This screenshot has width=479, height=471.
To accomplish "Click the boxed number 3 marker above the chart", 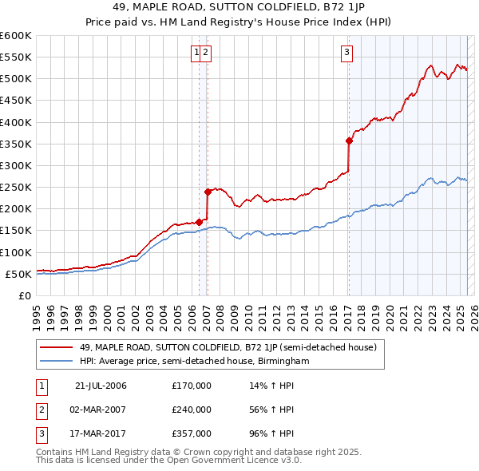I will [348, 53].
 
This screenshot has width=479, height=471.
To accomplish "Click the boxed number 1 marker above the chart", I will [196, 53].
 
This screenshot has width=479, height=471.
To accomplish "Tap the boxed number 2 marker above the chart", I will [206, 53].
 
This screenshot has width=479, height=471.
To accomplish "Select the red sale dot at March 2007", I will [208, 192].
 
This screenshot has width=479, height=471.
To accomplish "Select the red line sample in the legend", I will [57, 346].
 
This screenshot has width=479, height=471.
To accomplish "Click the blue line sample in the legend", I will [57, 361].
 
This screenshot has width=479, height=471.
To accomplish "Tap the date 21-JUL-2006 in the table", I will [101, 386].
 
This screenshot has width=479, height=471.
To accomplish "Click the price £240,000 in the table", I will [192, 410].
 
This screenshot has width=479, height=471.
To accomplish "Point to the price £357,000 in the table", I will [192, 434].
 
